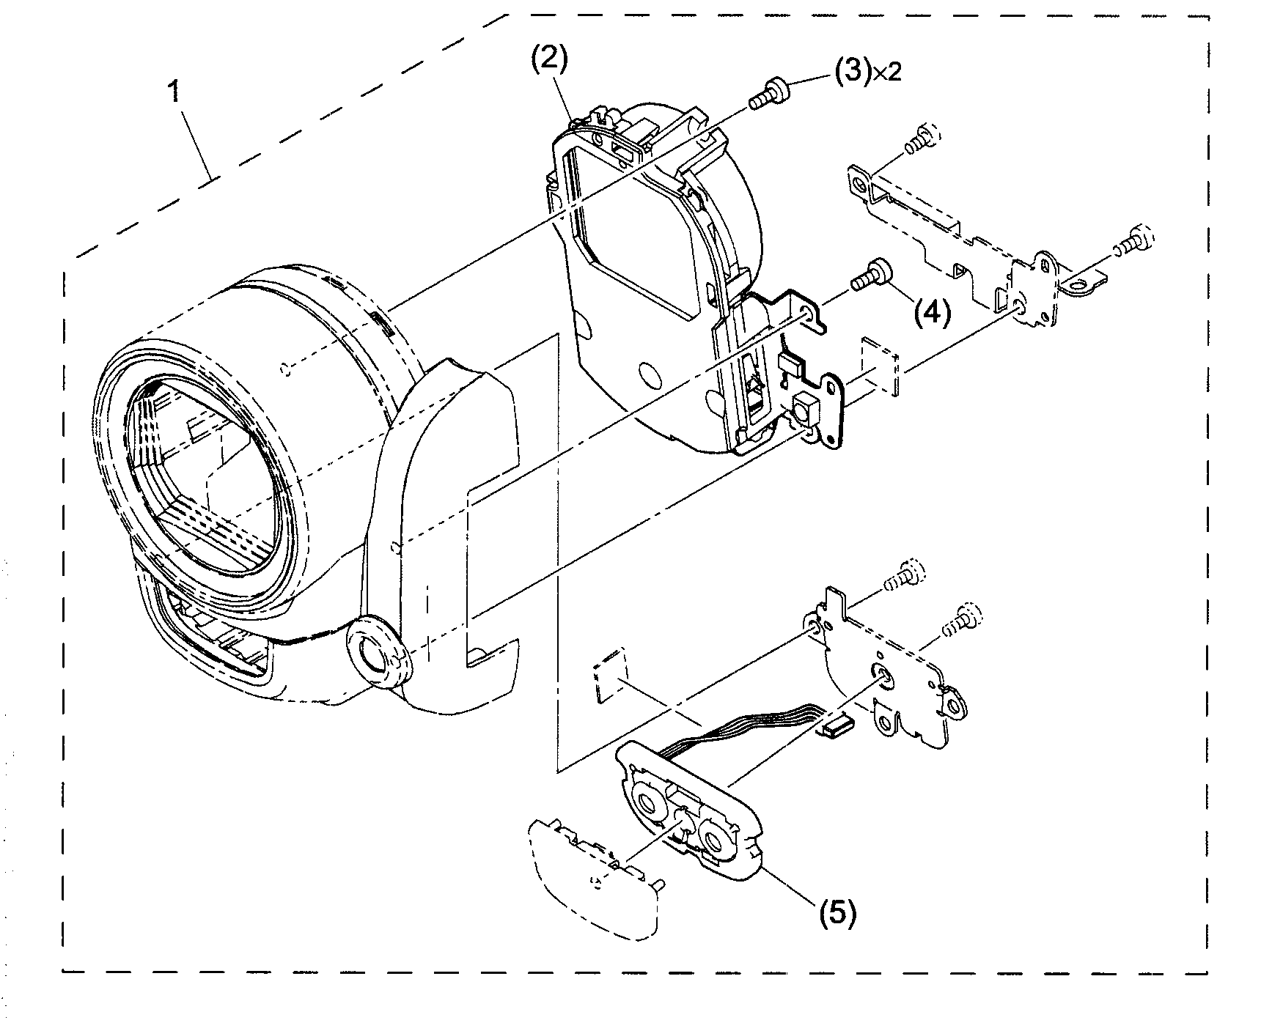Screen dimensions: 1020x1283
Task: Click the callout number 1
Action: pos(174,94)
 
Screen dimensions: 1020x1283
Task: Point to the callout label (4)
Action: pos(931,313)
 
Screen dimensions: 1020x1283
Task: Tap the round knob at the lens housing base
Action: pos(376,649)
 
